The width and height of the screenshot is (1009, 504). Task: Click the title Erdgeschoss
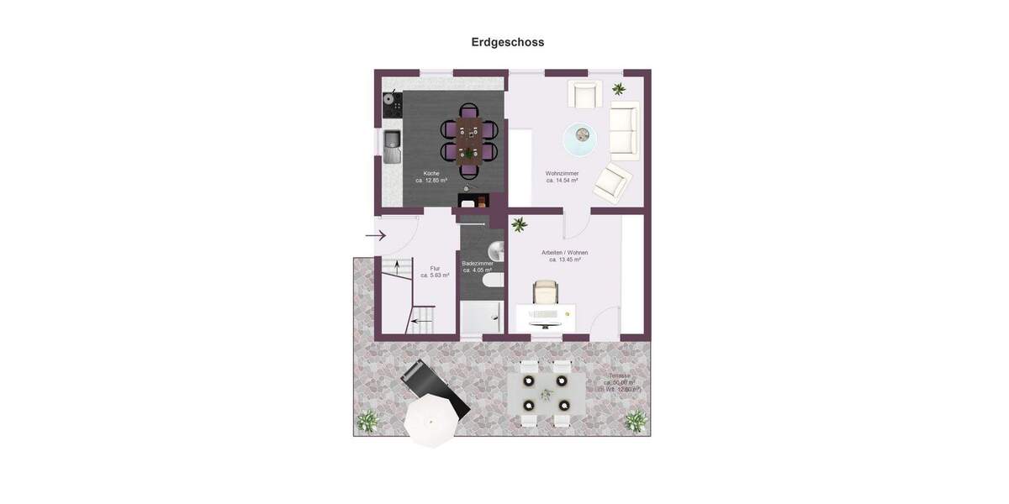point(507,42)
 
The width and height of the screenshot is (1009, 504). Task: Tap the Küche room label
point(431,176)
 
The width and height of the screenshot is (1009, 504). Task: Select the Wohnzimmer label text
point(562,176)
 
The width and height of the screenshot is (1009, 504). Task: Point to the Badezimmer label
point(477,266)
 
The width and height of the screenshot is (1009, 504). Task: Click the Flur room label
point(435,271)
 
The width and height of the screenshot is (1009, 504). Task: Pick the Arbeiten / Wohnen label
point(564,255)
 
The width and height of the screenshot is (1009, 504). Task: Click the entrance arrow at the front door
point(376,235)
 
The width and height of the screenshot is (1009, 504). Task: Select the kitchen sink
point(392,146)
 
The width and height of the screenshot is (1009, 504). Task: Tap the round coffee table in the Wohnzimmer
point(579,139)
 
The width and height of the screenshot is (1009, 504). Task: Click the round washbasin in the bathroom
point(496,250)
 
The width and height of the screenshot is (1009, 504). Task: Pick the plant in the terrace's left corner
point(367,420)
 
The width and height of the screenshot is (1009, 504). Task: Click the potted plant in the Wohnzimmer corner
point(619,88)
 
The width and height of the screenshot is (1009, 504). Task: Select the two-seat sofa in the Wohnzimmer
point(623,130)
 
